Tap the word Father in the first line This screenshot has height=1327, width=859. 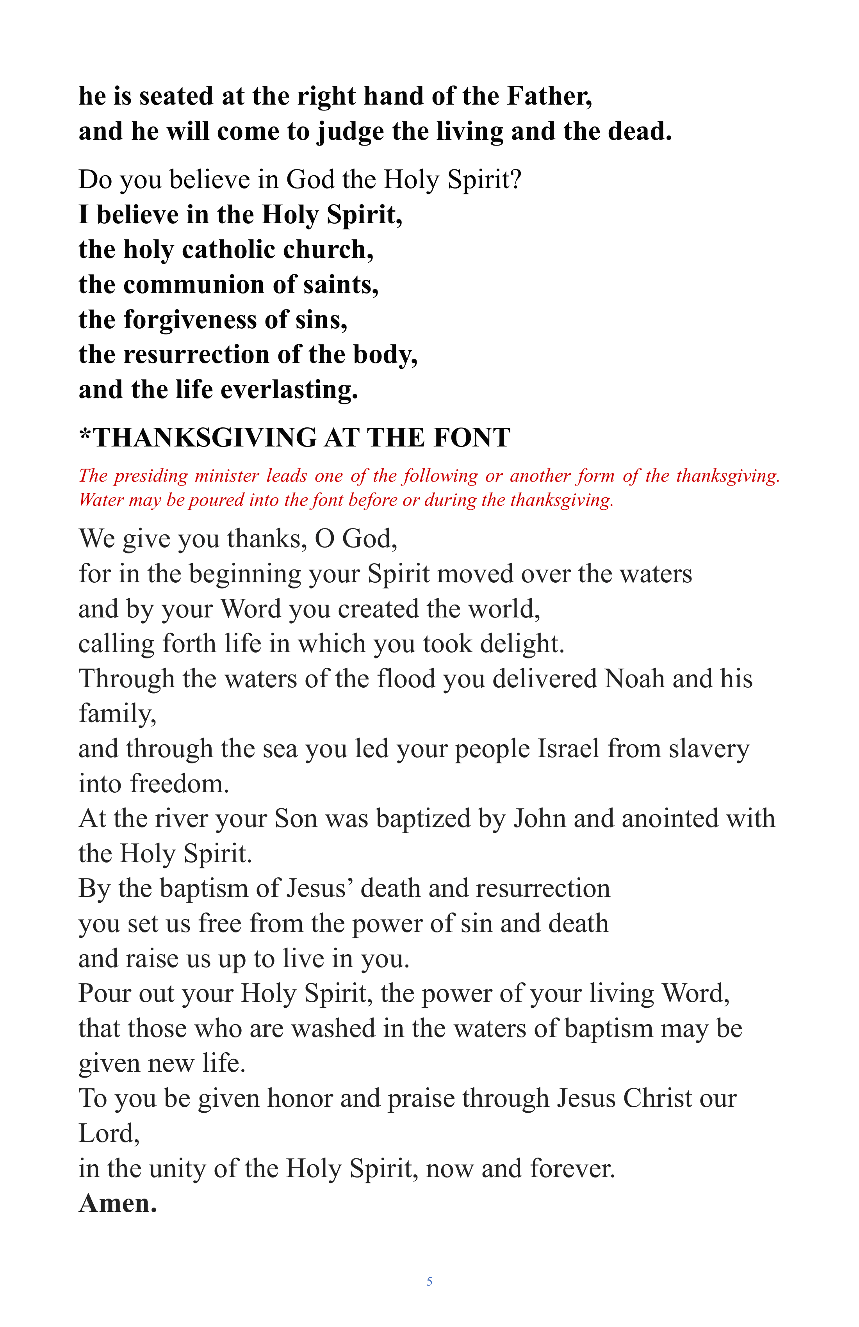549,96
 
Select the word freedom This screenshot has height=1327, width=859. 180,784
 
